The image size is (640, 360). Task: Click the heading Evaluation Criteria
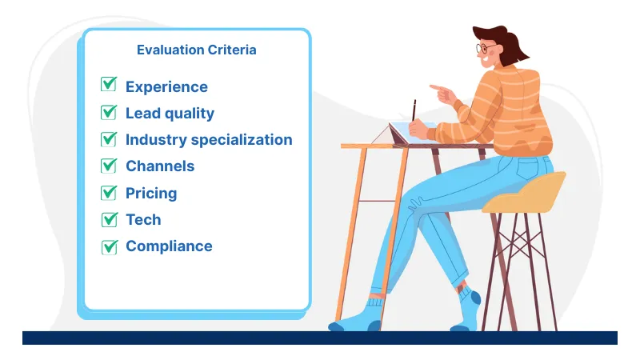coord(197,50)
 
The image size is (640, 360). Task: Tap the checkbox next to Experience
coord(109,86)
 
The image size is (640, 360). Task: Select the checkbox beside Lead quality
coord(109,112)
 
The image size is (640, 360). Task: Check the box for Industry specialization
coord(109,139)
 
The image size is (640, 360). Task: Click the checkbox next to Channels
coord(109,166)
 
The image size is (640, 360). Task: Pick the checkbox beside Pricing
coord(109,193)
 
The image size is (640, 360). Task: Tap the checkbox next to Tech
coord(109,219)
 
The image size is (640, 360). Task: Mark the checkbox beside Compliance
coord(109,246)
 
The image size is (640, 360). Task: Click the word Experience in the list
coord(166,87)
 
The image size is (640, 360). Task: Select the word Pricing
coord(151,194)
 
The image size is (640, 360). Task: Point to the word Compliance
coord(169,246)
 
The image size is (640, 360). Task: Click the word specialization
coord(240,140)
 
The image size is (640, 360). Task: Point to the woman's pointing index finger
coord(434,86)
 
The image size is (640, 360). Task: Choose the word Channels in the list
coord(160,166)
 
